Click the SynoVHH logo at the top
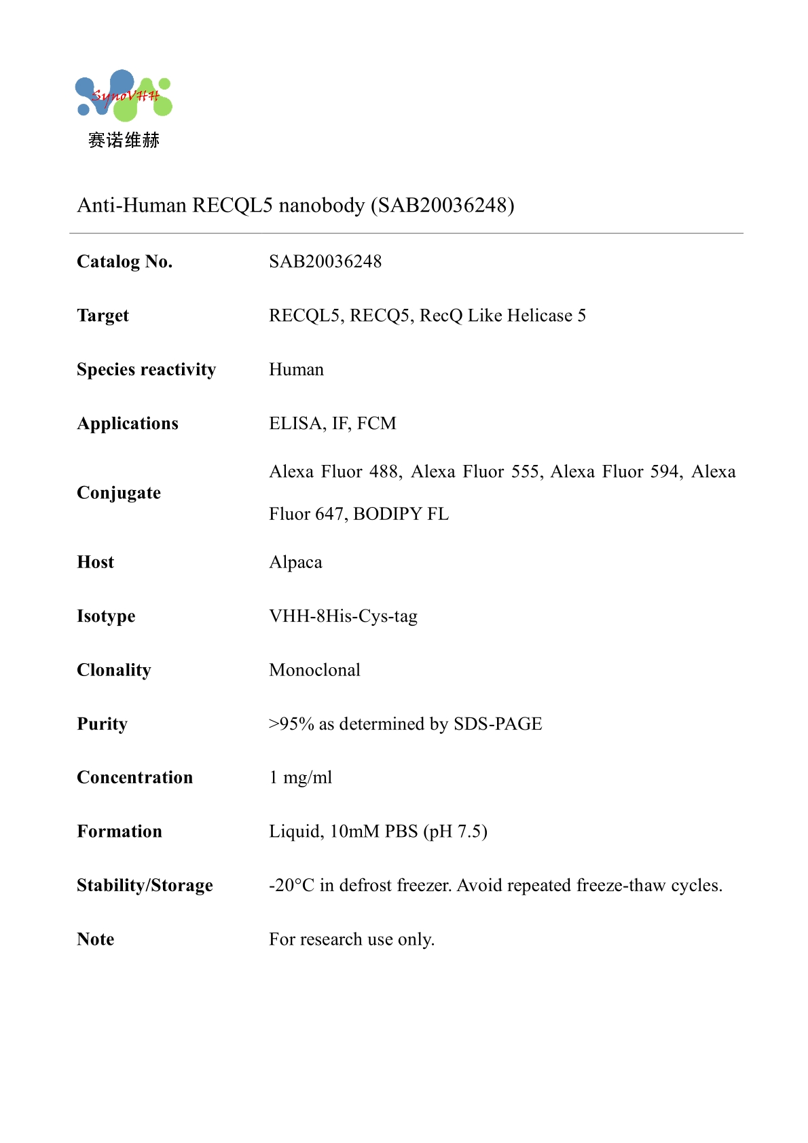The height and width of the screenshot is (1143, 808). point(124,96)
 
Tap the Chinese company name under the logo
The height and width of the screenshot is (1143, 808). point(124,140)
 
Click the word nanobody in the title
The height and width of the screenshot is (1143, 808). point(322,205)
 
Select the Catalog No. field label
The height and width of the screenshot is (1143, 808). point(125,262)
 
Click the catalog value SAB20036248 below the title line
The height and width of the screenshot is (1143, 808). point(325,262)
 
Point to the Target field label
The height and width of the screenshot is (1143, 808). point(103,316)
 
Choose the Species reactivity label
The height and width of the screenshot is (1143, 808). point(146,370)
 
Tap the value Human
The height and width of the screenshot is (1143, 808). point(296,370)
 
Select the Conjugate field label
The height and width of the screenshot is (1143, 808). point(119,493)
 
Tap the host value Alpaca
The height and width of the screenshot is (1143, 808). point(295,563)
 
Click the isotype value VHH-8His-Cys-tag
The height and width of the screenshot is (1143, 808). point(343,616)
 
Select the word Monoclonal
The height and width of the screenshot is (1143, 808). point(314,671)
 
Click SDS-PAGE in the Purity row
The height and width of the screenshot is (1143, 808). point(498,724)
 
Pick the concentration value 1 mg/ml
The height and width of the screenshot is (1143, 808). point(301,778)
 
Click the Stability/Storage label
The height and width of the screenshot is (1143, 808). point(145,886)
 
